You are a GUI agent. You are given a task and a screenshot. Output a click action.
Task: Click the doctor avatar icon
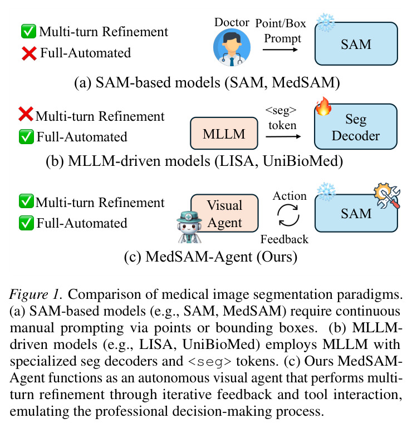(232, 47)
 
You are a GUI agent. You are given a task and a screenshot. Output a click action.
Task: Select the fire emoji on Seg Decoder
(323, 106)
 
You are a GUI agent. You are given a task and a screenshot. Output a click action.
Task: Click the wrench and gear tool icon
(387, 195)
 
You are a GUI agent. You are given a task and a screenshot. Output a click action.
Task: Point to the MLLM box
(224, 134)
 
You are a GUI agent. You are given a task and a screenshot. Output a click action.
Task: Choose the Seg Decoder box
(356, 127)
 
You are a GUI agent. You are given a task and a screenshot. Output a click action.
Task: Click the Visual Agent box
(225, 213)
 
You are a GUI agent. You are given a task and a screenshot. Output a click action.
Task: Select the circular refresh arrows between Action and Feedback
(288, 216)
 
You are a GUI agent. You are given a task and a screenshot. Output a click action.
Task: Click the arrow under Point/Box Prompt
(280, 50)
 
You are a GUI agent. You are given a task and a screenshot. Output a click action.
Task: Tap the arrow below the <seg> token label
(283, 136)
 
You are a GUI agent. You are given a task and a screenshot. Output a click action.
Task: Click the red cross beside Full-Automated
(29, 53)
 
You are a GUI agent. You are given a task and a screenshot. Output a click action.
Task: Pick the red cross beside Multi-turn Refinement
(26, 114)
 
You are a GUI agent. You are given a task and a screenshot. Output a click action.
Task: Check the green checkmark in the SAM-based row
(28, 31)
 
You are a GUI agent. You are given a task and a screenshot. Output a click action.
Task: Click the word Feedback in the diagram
(284, 239)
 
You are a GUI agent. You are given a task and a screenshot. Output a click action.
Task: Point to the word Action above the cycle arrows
(290, 196)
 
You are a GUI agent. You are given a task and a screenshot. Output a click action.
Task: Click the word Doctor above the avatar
(232, 22)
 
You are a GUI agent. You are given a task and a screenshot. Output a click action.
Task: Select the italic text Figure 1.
(36, 294)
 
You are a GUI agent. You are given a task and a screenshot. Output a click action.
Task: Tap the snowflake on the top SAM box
(326, 22)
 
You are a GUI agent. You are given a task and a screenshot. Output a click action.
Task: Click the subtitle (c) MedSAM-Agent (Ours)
(210, 257)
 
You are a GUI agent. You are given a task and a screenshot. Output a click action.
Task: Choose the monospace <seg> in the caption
(210, 362)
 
